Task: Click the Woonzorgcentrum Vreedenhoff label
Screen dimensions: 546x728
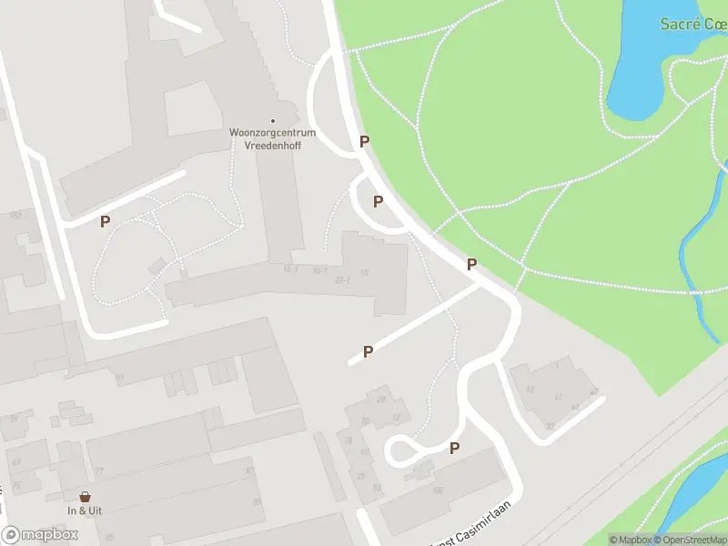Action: pyautogui.click(x=272, y=138)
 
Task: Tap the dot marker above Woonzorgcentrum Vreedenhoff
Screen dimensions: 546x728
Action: pyautogui.click(x=272, y=121)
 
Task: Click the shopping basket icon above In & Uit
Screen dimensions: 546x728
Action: pyautogui.click(x=85, y=497)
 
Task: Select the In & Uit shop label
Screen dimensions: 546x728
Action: pyautogui.click(x=85, y=510)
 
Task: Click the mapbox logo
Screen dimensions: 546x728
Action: pyautogui.click(x=40, y=535)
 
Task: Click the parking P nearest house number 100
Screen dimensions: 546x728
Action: pyautogui.click(x=454, y=447)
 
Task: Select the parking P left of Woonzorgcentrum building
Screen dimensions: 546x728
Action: pyautogui.click(x=105, y=221)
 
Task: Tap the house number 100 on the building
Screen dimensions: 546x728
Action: pyautogui.click(x=437, y=490)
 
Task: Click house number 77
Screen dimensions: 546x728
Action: pyautogui.click(x=98, y=470)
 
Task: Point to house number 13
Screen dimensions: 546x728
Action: pyautogui.click(x=529, y=389)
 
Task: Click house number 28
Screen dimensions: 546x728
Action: pyautogui.click(x=381, y=399)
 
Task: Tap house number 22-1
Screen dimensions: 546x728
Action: pyautogui.click(x=342, y=279)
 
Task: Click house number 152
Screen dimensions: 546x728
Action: pyautogui.click(x=15, y=216)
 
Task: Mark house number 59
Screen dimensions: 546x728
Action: pyautogui.click(x=14, y=418)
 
